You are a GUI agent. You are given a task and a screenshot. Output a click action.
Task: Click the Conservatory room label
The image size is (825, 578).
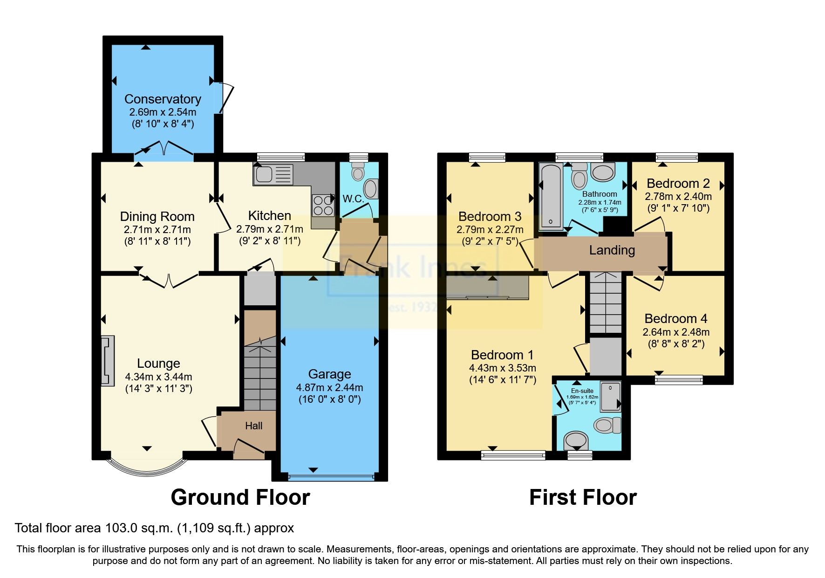[x=163, y=99]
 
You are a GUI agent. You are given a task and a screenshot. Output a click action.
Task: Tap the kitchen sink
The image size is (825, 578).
[x=273, y=175]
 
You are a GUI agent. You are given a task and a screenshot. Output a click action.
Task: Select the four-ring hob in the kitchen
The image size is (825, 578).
[x=323, y=205]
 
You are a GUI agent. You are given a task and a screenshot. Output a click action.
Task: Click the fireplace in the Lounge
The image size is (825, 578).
[x=108, y=361]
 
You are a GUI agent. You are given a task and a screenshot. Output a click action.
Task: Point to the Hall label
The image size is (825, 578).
[x=254, y=426]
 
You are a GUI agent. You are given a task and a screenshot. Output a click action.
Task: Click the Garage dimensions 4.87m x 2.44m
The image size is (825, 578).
[x=329, y=387]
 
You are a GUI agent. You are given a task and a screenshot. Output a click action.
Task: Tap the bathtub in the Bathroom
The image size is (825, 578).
[x=551, y=196]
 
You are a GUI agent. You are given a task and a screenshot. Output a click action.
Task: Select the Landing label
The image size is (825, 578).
[x=612, y=250]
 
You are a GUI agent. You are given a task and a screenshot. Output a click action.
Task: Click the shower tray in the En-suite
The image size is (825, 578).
[x=610, y=396]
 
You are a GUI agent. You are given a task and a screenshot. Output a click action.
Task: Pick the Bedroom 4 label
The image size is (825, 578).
[x=675, y=319]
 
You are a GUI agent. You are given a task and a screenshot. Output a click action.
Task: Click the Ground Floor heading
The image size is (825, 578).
[x=240, y=497]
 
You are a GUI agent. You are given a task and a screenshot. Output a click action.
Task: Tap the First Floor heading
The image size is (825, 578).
[x=583, y=497]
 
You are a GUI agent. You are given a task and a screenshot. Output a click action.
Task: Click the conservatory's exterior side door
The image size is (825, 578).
[x=225, y=98]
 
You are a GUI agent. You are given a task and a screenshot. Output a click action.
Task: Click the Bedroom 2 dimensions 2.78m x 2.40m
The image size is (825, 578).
[x=678, y=197]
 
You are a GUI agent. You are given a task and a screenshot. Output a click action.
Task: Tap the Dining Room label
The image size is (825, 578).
[x=157, y=217]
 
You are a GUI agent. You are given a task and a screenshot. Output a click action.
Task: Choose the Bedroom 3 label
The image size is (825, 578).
[x=490, y=217]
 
